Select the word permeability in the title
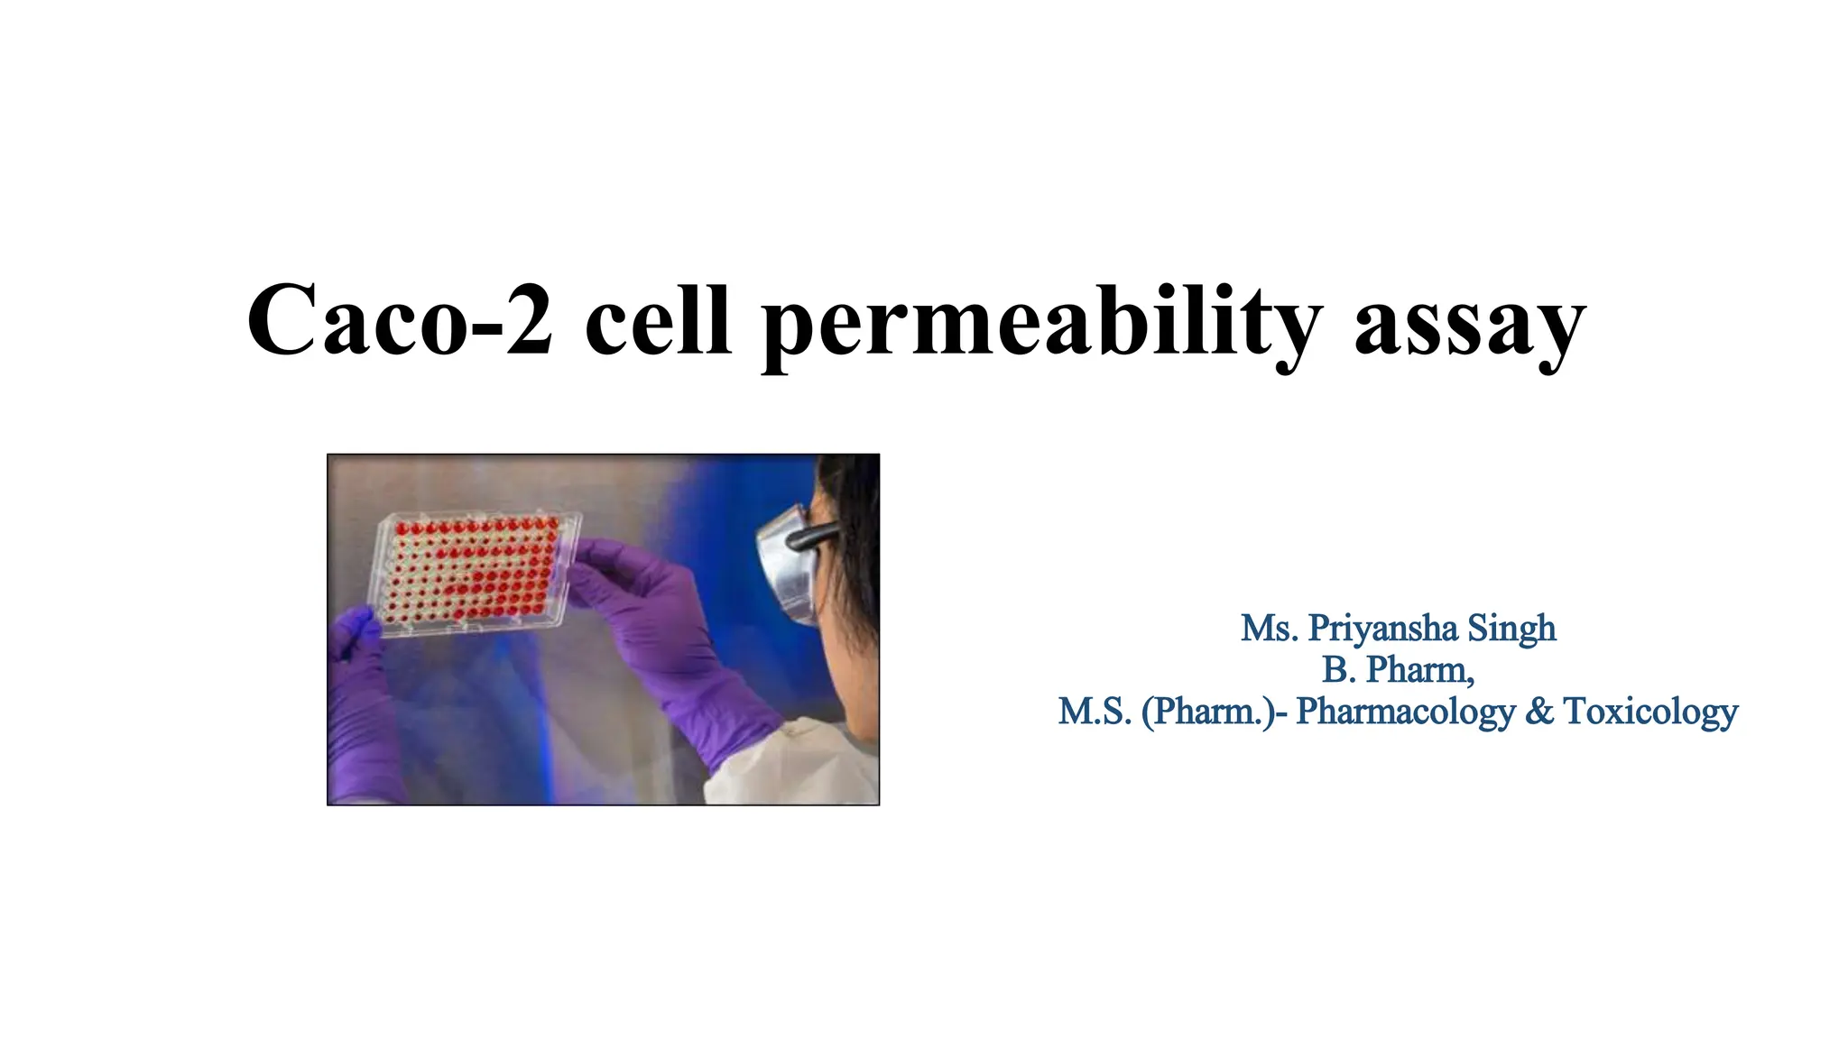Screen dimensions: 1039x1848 [1041, 325]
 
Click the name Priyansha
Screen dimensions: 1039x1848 [1382, 629]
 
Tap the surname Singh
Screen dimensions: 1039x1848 [1511, 629]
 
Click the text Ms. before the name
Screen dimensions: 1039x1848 [1269, 629]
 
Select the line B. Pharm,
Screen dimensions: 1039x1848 [1398, 670]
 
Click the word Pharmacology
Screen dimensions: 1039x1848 [1405, 712]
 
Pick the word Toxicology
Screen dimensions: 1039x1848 [1649, 712]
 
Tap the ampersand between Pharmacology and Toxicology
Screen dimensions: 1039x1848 [1538, 712]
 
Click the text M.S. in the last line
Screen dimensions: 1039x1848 [1095, 712]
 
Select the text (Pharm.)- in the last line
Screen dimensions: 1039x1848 [1214, 712]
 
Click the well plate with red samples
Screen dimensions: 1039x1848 [474, 573]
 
